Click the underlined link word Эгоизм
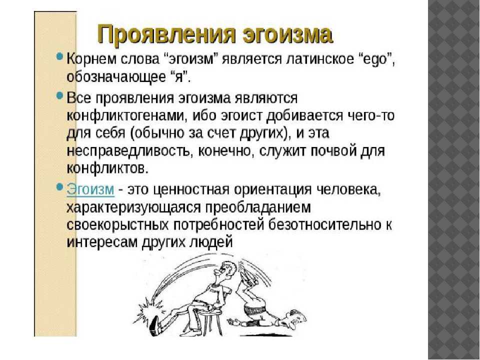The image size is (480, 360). [x=90, y=188]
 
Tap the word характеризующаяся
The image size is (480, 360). [x=132, y=208]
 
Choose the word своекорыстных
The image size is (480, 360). [x=117, y=225]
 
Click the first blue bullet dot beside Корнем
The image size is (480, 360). [x=60, y=57]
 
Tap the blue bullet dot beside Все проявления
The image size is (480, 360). [x=60, y=96]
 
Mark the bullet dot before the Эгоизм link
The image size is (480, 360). [x=60, y=186]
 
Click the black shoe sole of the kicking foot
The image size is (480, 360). [x=155, y=325]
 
